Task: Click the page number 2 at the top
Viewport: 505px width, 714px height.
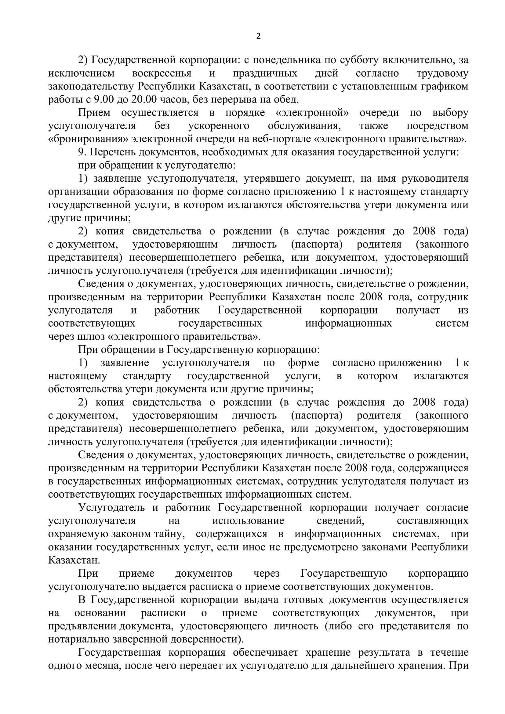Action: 258,36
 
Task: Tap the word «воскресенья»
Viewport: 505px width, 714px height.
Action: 162,73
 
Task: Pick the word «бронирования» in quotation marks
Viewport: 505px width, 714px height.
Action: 88,139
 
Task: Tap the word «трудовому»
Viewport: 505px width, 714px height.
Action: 442,73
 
